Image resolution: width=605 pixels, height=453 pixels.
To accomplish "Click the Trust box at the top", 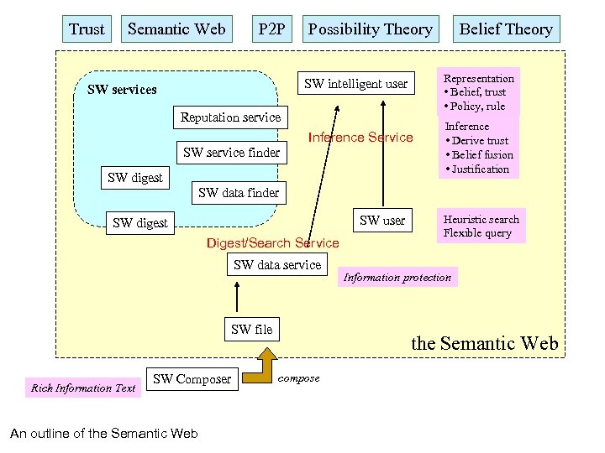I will (x=87, y=29).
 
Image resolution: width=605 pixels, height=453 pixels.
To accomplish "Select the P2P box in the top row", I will (x=271, y=29).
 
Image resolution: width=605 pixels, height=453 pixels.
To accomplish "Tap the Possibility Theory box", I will (x=370, y=29).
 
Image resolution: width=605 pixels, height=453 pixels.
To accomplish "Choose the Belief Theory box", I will (x=505, y=29).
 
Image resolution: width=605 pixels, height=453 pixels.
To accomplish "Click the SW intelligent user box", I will (x=355, y=83).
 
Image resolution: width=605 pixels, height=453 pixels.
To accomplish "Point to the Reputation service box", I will (x=230, y=117).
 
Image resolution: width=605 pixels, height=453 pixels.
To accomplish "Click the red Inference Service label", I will (x=360, y=138).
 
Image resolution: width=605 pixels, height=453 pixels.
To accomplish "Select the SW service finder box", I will (x=231, y=153).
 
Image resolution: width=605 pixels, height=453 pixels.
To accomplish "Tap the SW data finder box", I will (x=239, y=193).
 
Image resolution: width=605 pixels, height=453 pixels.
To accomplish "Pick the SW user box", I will (x=382, y=221).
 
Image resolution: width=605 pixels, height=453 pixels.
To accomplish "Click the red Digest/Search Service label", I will (x=272, y=243).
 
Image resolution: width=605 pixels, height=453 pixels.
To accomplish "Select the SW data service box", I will (x=277, y=265).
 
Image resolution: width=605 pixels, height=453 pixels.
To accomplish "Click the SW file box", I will (x=252, y=330).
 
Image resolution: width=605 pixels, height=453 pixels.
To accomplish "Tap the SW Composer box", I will (x=192, y=379).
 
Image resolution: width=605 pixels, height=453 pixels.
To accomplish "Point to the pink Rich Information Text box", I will (x=82, y=388).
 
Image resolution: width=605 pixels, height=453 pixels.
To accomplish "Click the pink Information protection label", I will (x=397, y=278).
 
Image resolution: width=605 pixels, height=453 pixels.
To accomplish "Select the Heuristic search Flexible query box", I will (x=481, y=226).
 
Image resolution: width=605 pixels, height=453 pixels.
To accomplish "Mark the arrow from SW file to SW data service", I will (x=239, y=296).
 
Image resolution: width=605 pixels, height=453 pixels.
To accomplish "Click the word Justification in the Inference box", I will (x=481, y=169).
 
